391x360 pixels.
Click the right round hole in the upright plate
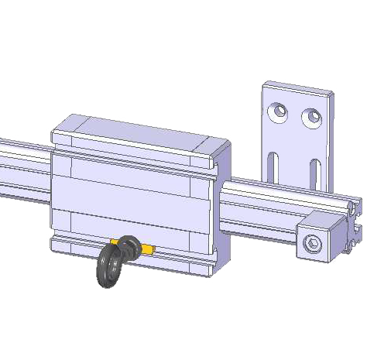(x=312, y=118)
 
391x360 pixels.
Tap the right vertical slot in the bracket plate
(x=314, y=172)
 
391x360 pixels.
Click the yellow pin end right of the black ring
(x=147, y=249)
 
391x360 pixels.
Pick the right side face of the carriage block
(x=223, y=209)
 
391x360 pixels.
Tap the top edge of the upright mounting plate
(x=298, y=86)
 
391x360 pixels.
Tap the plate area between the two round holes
(x=294, y=116)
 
